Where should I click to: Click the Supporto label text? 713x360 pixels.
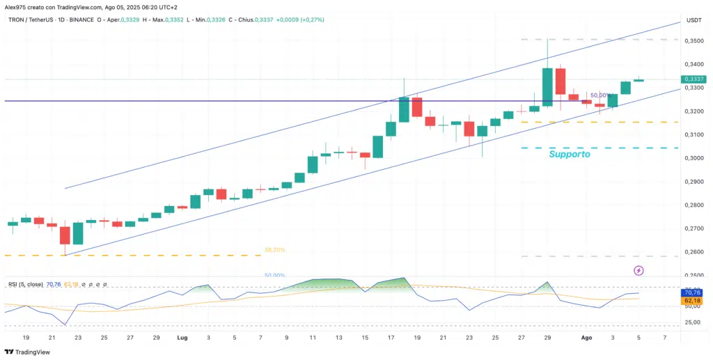(x=569, y=154)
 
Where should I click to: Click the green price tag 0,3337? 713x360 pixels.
(x=694, y=79)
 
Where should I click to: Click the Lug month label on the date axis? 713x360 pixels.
(x=182, y=337)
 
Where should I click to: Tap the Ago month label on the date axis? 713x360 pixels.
(x=586, y=337)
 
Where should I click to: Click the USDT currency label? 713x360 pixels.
(x=693, y=21)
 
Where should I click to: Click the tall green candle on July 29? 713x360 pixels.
(x=547, y=87)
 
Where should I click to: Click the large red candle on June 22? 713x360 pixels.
(x=65, y=235)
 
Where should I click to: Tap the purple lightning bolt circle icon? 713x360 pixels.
(x=638, y=270)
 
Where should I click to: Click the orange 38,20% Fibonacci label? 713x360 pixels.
(x=274, y=249)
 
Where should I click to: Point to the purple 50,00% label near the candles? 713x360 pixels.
(x=602, y=95)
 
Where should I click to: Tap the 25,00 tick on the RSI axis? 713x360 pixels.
(x=693, y=322)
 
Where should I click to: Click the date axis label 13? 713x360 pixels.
(x=338, y=337)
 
